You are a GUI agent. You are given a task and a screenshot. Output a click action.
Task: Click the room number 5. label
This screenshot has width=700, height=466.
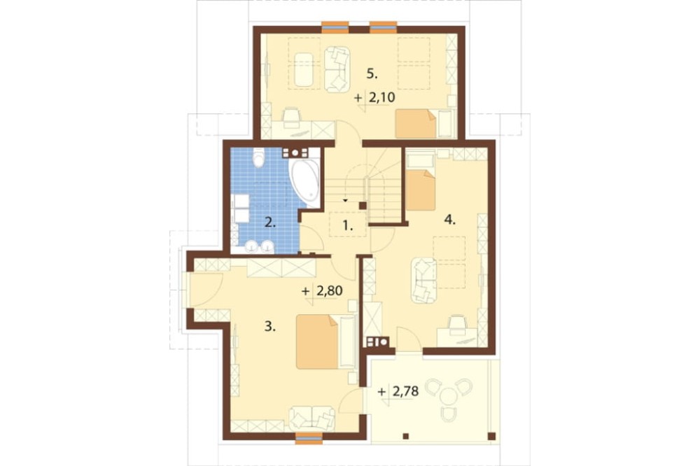pyautogui.click(x=372, y=74)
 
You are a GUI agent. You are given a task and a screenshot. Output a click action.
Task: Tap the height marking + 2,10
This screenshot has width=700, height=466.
pyautogui.click(x=375, y=97)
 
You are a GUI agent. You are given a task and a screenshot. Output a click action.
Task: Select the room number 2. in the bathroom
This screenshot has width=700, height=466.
pyautogui.click(x=269, y=222)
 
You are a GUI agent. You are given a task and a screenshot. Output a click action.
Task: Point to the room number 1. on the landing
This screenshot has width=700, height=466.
pyautogui.click(x=347, y=226)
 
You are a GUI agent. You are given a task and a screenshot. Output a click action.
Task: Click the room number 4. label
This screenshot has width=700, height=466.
pyautogui.click(x=450, y=219)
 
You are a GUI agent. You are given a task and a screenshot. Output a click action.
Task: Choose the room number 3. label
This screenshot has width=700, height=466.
pyautogui.click(x=269, y=327)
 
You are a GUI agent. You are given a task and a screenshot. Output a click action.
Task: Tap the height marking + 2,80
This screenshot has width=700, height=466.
pyautogui.click(x=322, y=291)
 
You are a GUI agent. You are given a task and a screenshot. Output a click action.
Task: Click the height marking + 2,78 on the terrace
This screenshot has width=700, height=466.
pyautogui.click(x=399, y=392)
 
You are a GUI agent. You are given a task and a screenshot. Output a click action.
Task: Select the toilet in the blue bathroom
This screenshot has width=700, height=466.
pyautogui.click(x=258, y=158)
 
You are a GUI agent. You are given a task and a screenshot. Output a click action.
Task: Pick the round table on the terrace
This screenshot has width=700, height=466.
pyautogui.click(x=448, y=395)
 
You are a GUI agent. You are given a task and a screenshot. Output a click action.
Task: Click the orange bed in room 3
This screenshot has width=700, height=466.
pyautogui.click(x=317, y=342)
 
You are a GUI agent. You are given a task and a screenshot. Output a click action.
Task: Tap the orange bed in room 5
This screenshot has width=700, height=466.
pyautogui.click(x=416, y=124)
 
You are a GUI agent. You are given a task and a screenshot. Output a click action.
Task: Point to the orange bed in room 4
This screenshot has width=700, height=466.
pyautogui.click(x=421, y=190)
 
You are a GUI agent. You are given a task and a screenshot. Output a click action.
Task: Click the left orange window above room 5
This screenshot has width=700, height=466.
pyautogui.click(x=335, y=27)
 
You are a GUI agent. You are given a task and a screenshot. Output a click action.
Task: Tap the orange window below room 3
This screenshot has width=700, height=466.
pyautogui.click(x=309, y=438)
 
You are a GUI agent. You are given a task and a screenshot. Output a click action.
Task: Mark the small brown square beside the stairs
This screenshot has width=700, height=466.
pyautogui.click(x=363, y=205)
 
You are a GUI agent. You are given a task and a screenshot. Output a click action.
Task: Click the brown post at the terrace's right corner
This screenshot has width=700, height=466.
pyautogui.click(x=491, y=436)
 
